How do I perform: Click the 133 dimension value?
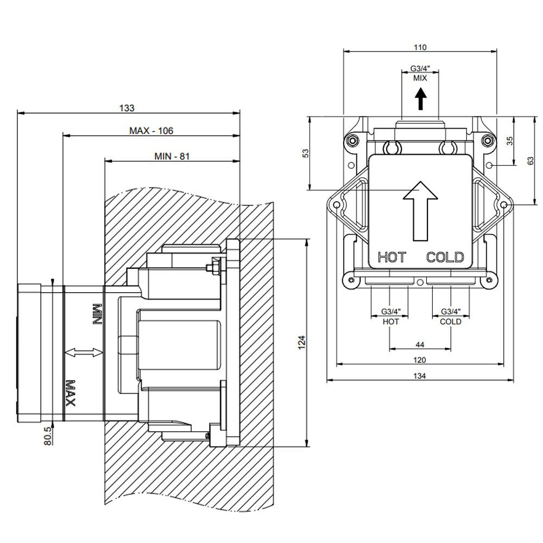click(x=127, y=108)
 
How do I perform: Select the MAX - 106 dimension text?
click(x=151, y=130)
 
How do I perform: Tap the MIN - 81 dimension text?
click(x=172, y=156)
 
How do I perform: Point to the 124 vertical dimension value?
click(x=302, y=342)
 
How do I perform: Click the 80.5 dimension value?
click(x=48, y=435)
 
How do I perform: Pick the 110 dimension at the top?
click(x=420, y=47)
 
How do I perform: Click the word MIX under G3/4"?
click(x=420, y=78)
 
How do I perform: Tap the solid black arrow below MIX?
click(x=421, y=99)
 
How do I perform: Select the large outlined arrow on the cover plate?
click(x=420, y=211)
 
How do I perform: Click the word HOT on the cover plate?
click(x=392, y=257)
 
